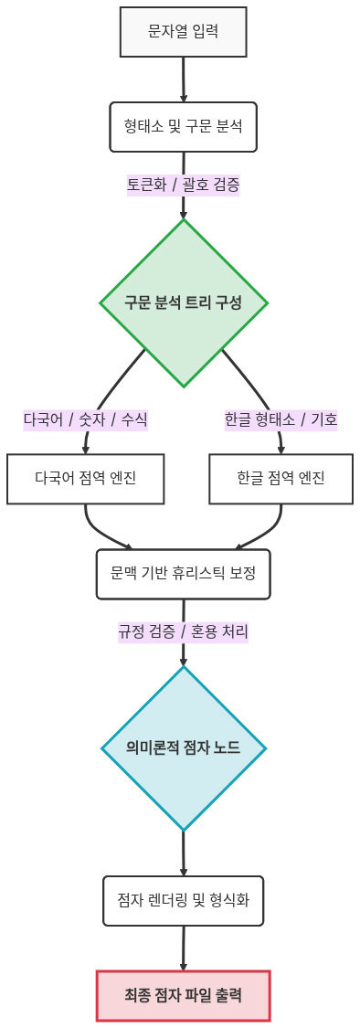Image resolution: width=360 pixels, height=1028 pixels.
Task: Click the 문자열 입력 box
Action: pos(184,32)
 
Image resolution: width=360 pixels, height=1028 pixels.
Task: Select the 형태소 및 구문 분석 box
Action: pos(184,124)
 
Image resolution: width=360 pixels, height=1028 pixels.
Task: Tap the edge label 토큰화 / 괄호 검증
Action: pos(184,184)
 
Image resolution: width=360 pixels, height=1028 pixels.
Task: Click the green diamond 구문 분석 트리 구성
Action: pos(184,302)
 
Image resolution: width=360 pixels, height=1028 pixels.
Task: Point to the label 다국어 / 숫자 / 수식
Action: pos(86,419)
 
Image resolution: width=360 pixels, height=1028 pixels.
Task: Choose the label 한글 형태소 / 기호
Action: pos(281,419)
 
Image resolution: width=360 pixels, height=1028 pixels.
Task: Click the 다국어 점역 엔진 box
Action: pos(86,478)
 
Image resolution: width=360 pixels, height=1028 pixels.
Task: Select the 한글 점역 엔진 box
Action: pos(281,478)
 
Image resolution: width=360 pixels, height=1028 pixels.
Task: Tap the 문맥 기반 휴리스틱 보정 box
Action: pos(184,573)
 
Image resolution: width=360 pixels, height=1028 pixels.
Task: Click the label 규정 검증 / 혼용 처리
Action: pos(184,631)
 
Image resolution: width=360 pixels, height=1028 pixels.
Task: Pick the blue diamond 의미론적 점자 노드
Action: pos(184,747)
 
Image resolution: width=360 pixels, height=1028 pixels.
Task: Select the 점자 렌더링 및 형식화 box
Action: pos(184,900)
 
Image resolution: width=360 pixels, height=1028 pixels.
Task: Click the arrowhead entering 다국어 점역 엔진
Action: pos(86,449)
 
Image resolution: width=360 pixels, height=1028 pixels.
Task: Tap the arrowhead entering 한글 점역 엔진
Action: pos(281,449)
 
